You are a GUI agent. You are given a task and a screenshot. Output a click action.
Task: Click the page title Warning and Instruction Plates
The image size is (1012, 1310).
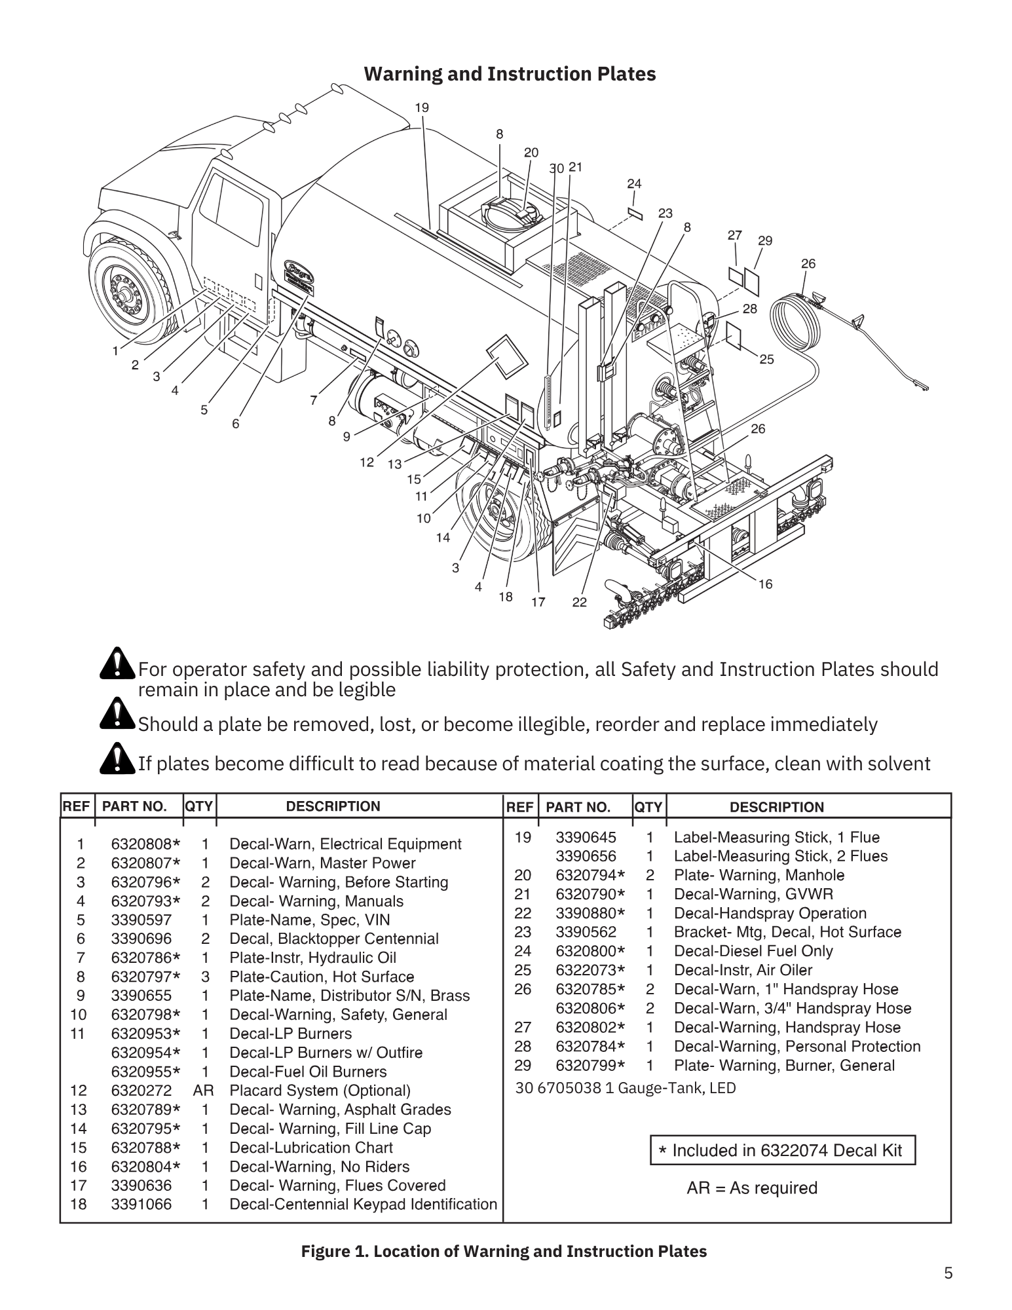point(510,74)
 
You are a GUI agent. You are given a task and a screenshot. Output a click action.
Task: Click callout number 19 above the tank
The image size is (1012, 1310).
point(422,107)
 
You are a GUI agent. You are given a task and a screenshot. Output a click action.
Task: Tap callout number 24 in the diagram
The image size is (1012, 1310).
point(633,184)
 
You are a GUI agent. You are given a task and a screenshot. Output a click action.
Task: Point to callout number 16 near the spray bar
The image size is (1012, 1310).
point(765,584)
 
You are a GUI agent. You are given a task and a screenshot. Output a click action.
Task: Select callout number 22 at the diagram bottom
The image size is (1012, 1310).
point(579,602)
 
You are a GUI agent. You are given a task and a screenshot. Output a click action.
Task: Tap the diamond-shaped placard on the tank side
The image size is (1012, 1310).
point(508,357)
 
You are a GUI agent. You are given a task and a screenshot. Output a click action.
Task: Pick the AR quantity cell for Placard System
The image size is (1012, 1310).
point(204,1091)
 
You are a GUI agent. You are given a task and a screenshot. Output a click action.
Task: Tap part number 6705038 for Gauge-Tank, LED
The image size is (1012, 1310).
point(569,1088)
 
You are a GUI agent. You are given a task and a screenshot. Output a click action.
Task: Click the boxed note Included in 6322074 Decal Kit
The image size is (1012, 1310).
point(782,1150)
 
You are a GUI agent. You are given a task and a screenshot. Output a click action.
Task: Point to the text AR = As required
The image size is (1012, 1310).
point(752,1188)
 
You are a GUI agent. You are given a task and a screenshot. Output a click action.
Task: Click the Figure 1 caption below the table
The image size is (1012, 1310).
point(504,1252)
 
